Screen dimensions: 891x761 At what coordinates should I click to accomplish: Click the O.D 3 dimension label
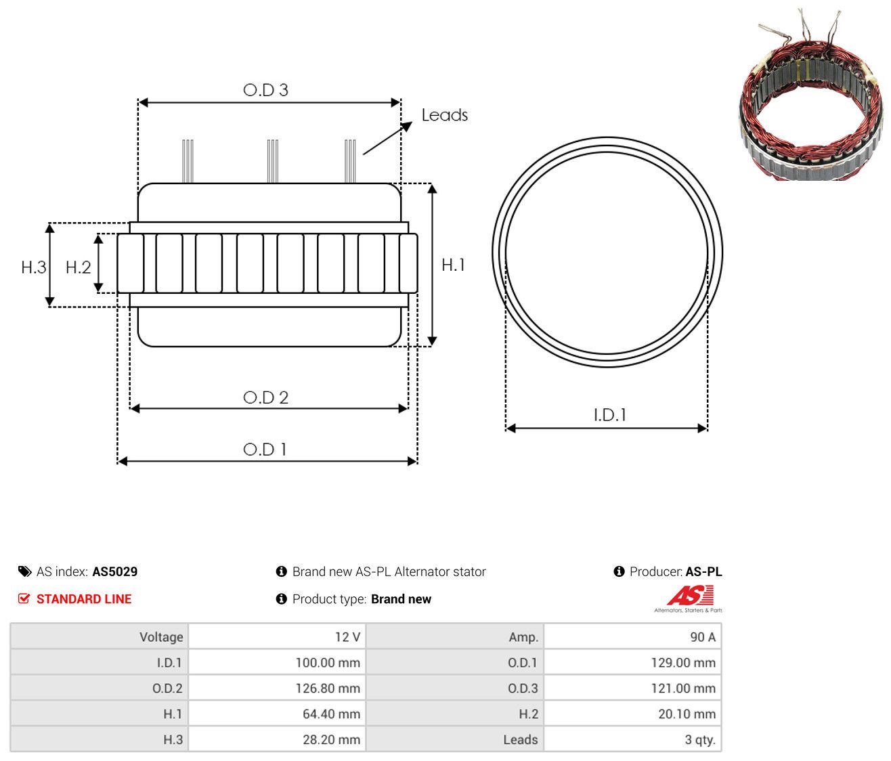tap(265, 89)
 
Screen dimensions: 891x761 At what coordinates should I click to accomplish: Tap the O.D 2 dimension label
tap(265, 397)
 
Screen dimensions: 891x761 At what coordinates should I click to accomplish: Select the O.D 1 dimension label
tap(265, 450)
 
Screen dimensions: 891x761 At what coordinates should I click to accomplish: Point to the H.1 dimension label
tap(454, 265)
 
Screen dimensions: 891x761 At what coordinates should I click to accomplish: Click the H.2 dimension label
tap(79, 267)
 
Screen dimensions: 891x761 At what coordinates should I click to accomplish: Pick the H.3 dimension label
tap(34, 267)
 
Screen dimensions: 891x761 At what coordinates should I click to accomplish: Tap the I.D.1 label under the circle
tap(609, 415)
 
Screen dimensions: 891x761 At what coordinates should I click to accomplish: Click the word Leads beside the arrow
tap(444, 115)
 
